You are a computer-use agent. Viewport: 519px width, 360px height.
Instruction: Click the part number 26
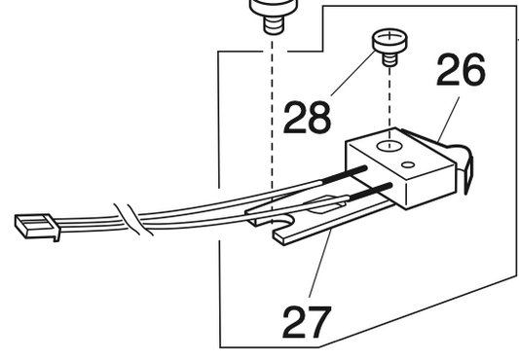pos(459,70)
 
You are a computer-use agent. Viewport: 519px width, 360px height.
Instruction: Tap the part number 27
pos(304,321)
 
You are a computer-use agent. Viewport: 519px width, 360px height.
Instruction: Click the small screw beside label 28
pos(389,46)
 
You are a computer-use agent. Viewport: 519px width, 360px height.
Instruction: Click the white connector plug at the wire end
pos(36,227)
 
